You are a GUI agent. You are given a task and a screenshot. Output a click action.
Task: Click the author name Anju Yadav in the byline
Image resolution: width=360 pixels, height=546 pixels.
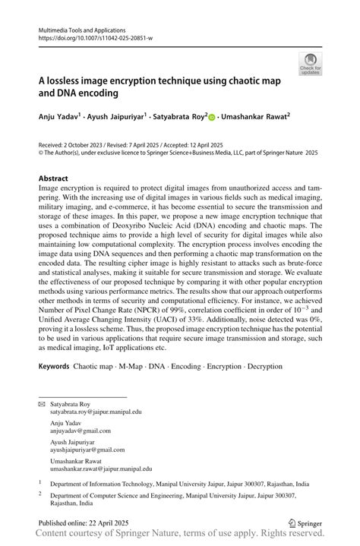56,118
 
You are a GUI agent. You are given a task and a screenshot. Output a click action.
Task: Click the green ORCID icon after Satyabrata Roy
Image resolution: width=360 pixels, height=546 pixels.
211,118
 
